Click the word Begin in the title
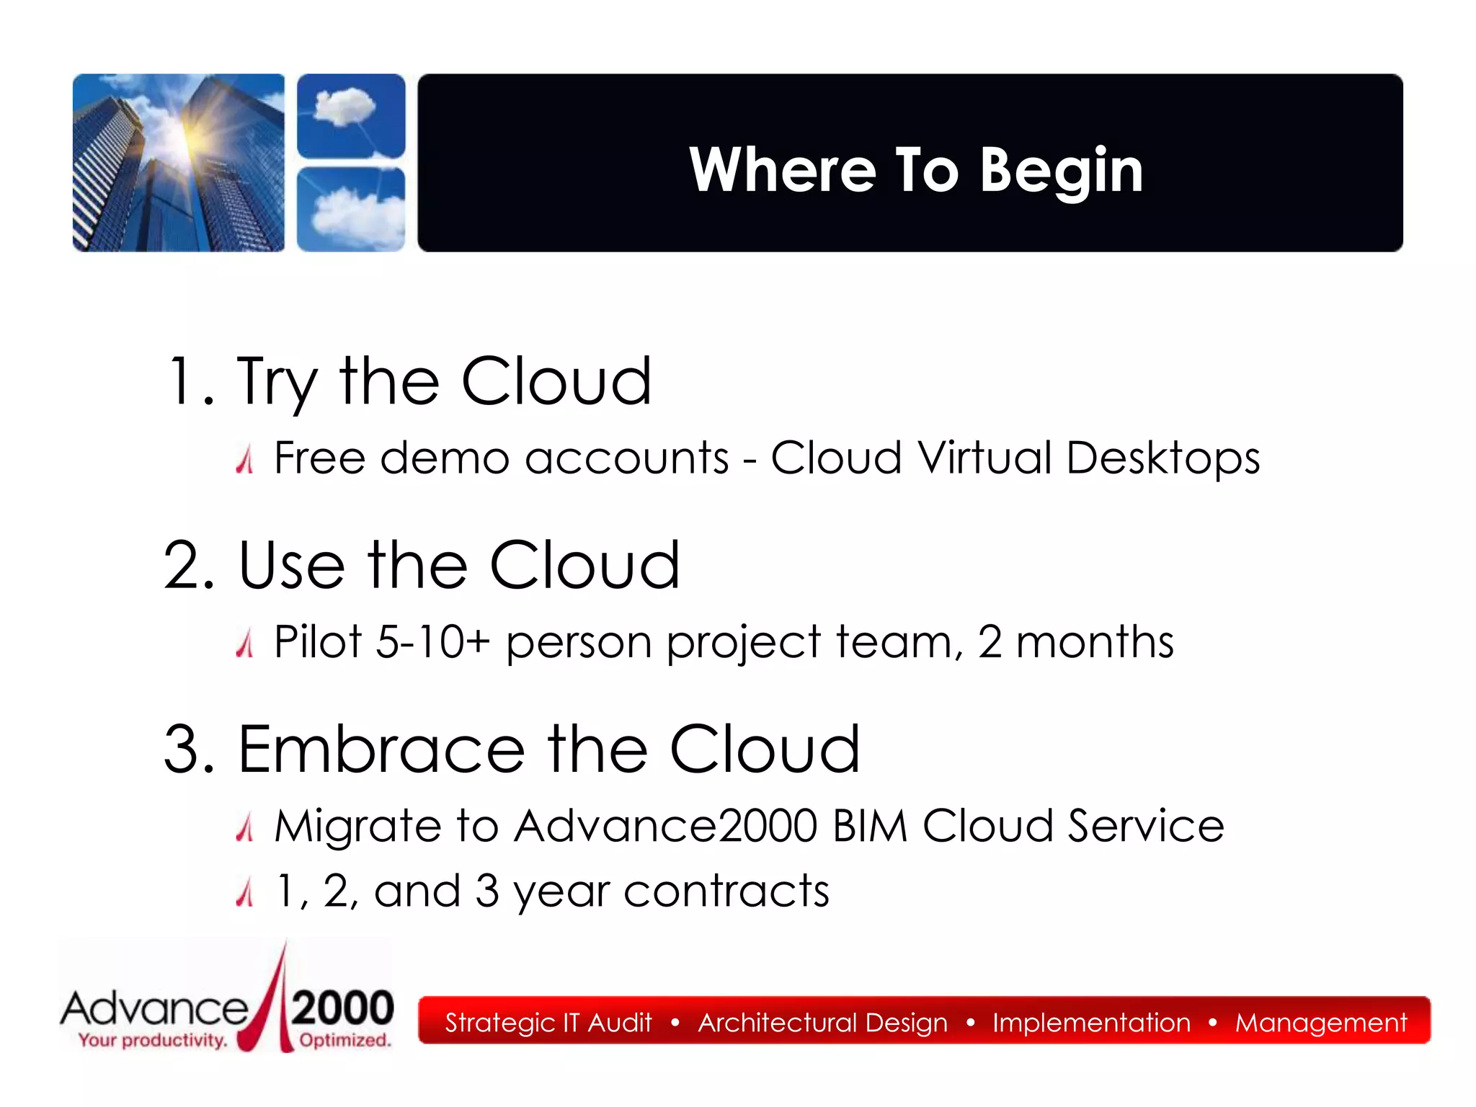(1061, 171)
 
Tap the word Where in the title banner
(782, 171)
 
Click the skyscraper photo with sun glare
(179, 163)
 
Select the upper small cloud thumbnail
(351, 115)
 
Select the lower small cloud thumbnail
(351, 209)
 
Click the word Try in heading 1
(277, 382)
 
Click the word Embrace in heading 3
(381, 750)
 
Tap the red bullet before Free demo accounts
(245, 459)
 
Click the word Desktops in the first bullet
(1162, 458)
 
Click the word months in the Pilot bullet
(1094, 641)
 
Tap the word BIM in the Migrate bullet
(869, 826)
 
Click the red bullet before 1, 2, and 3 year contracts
(245, 892)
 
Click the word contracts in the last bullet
(726, 892)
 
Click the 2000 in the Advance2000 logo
(342, 1008)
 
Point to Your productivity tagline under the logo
(153, 1040)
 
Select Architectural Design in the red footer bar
(822, 1023)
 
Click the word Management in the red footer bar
(1320, 1023)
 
